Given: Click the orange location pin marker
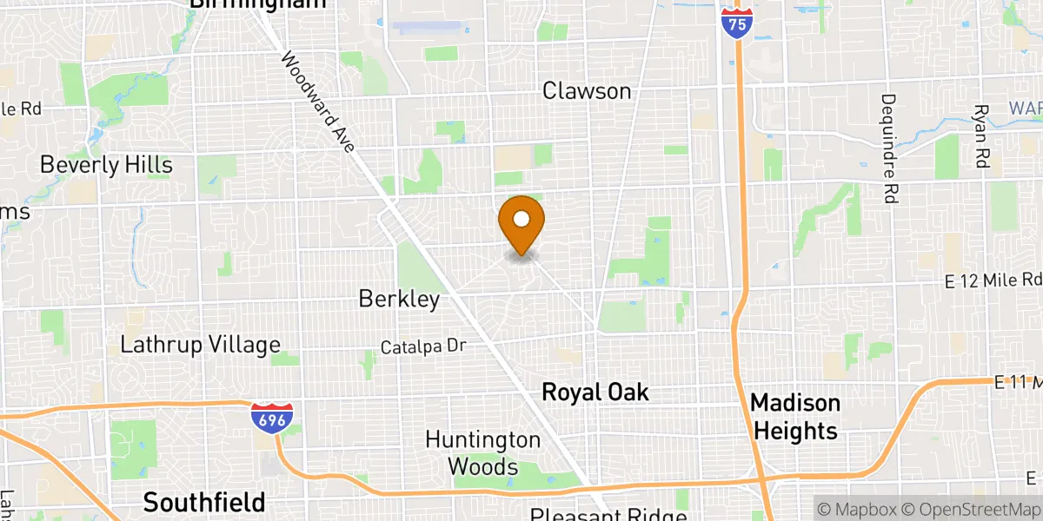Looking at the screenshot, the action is pos(521,222).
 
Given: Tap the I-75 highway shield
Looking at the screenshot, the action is pos(736,23).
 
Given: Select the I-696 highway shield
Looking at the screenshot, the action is pos(271,418).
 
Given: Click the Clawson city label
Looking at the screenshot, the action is pos(588,90).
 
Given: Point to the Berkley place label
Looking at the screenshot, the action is pos(399,299).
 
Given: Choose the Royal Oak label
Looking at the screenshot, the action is pos(595,392).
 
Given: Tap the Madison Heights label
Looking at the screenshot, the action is pos(795,417).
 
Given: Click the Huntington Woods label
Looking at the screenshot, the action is pos(482,453).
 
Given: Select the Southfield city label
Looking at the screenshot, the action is pos(204,502).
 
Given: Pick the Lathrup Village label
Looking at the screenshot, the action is pos(201,345).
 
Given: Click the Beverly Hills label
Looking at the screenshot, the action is pos(106,165).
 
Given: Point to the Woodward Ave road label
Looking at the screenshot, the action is pos(317,102).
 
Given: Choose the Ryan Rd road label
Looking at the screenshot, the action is pos(982,136).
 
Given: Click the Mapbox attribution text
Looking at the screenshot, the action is pos(856,508).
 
